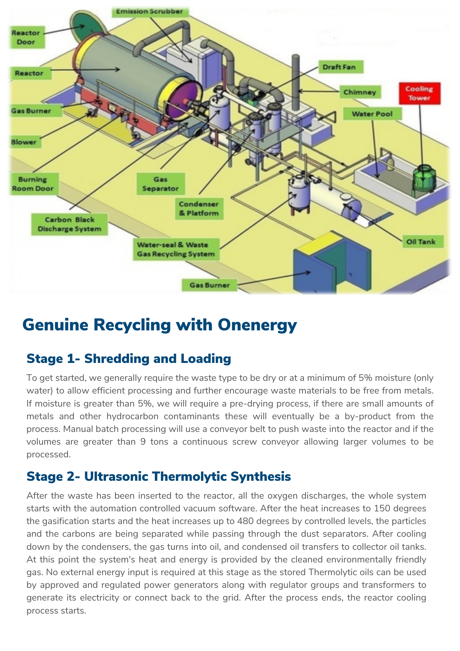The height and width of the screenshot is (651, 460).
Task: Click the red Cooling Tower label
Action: pos(419,93)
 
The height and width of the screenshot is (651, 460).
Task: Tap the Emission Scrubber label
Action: pos(149,12)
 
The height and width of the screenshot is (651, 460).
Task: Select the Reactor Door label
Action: pos(26,37)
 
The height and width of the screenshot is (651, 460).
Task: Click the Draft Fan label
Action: pos(339,67)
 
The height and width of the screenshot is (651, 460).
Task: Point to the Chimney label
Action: pos(359,92)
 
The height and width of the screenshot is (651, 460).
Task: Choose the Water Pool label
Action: pos(372,114)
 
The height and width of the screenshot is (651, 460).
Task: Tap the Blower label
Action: pos(24,142)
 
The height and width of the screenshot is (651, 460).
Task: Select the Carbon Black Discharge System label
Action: pos(69,224)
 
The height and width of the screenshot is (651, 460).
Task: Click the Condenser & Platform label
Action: pos(198,209)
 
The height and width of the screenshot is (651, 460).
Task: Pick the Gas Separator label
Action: pos(160,184)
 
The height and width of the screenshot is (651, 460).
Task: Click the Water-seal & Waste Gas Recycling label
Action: pos(176,249)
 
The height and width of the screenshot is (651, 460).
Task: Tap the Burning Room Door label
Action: pos(33,184)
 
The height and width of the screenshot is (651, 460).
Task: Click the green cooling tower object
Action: pos(424,177)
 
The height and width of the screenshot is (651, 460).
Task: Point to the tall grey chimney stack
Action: pos(295,81)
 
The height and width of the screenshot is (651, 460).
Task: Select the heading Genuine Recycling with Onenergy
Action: pos(159,325)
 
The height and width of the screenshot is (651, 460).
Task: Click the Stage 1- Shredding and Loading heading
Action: pos(129,359)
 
